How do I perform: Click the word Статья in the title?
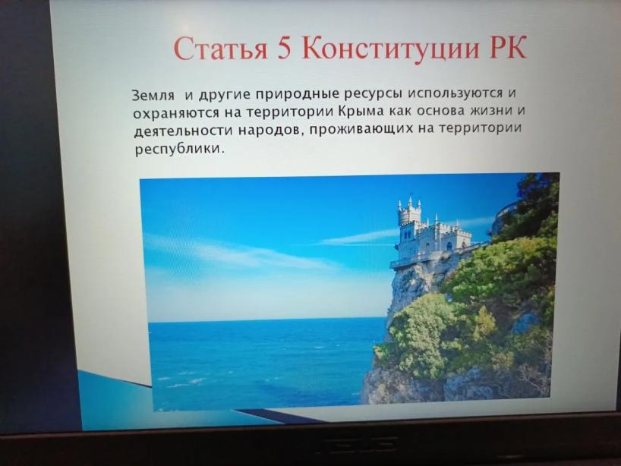(x=221, y=49)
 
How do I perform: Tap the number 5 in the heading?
(x=285, y=49)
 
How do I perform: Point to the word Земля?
(x=153, y=96)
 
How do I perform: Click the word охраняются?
(x=176, y=113)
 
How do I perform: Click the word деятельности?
(x=183, y=131)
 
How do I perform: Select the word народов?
(x=271, y=131)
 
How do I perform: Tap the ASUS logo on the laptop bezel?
(x=357, y=444)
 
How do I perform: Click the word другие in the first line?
(x=224, y=96)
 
